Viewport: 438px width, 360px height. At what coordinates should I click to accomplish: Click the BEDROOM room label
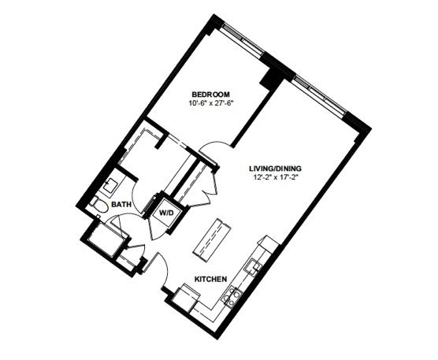[210, 94]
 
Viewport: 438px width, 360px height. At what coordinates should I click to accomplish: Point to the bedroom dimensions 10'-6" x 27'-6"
[210, 103]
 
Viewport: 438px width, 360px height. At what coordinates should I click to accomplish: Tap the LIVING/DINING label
[275, 169]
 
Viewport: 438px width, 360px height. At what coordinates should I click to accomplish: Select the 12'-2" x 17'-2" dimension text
[275, 178]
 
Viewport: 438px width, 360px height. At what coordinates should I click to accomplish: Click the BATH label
[121, 205]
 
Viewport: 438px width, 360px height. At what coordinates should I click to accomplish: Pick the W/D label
[166, 213]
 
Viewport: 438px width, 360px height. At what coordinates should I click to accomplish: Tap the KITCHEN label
[210, 279]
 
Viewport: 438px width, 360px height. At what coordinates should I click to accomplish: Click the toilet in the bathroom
[99, 206]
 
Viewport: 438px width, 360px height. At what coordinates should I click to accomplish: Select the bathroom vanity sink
[111, 184]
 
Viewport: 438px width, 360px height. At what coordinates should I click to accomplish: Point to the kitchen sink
[253, 266]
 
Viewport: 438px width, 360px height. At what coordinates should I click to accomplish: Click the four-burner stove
[232, 297]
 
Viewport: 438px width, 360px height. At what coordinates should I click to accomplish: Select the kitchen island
[212, 240]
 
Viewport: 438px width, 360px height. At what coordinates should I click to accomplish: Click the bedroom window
[243, 39]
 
